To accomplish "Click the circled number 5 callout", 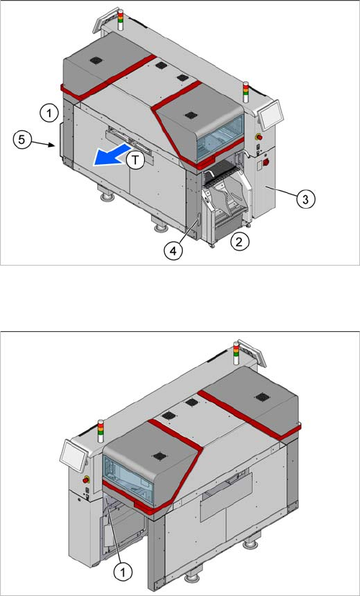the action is point(22,140).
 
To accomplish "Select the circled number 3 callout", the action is point(306,199).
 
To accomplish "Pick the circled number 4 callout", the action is point(173,251).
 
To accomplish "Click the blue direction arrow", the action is point(112,155).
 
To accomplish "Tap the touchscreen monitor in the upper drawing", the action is point(270,114).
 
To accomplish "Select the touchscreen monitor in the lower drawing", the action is point(73,455).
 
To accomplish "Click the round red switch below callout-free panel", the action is point(266,162).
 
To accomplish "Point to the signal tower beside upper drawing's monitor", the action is point(246,91).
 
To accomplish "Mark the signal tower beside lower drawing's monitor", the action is point(101,431).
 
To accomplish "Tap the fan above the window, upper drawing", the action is point(189,114).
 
